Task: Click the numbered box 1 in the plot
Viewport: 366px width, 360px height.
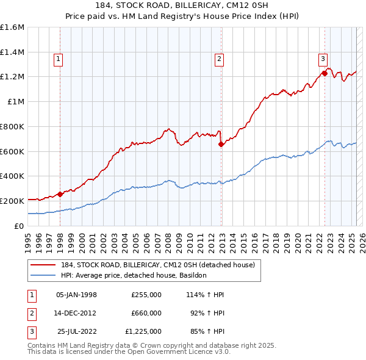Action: tap(58, 59)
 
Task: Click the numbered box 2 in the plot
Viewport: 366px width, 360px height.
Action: tap(218, 59)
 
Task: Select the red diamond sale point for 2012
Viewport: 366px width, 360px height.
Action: tap(221, 145)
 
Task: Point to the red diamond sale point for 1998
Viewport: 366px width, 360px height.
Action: tap(60, 194)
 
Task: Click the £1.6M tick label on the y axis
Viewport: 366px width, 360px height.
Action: tap(12, 27)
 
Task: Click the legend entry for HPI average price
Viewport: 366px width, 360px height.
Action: tap(134, 275)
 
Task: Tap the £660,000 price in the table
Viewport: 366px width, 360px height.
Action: tap(146, 313)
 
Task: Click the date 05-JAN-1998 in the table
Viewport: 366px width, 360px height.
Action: tap(76, 295)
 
